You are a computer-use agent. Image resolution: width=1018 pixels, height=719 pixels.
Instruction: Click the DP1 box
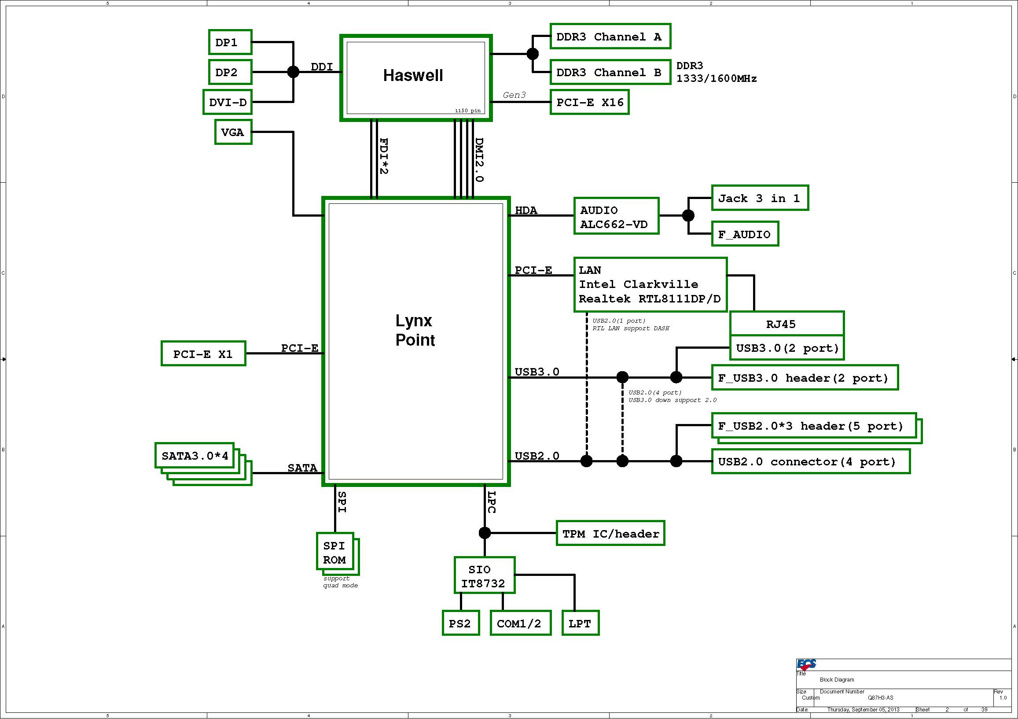(230, 42)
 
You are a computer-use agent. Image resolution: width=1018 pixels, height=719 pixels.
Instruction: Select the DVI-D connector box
(228, 102)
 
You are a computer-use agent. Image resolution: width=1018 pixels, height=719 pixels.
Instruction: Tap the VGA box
(233, 132)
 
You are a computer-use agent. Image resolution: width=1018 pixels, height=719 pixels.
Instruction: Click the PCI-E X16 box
(589, 102)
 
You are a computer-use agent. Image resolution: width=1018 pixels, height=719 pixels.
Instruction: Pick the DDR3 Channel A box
(610, 37)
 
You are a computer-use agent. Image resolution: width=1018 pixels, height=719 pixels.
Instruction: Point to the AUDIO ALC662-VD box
(616, 216)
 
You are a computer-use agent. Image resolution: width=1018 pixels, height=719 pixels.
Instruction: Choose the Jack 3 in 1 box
(760, 198)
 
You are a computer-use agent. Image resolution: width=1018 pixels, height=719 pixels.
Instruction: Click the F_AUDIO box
(745, 234)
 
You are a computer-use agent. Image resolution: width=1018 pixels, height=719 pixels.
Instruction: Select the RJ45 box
(786, 324)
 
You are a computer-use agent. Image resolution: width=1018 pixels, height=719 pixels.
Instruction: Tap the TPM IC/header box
(610, 533)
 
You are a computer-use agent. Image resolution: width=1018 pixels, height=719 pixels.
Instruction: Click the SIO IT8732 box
(484, 575)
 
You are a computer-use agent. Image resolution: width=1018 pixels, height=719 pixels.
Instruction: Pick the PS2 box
(461, 623)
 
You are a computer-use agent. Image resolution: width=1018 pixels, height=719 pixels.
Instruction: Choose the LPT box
(580, 623)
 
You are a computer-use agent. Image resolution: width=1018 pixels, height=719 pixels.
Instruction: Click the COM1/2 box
(520, 623)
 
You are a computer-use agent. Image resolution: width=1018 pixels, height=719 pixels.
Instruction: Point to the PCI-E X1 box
(203, 354)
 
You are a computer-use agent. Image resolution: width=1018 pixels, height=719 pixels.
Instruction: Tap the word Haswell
(413, 75)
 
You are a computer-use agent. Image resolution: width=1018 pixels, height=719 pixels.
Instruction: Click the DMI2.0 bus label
(479, 160)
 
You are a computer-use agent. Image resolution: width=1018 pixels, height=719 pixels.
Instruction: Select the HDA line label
(526, 210)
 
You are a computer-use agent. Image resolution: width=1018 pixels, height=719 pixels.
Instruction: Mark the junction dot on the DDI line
(293, 71)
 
